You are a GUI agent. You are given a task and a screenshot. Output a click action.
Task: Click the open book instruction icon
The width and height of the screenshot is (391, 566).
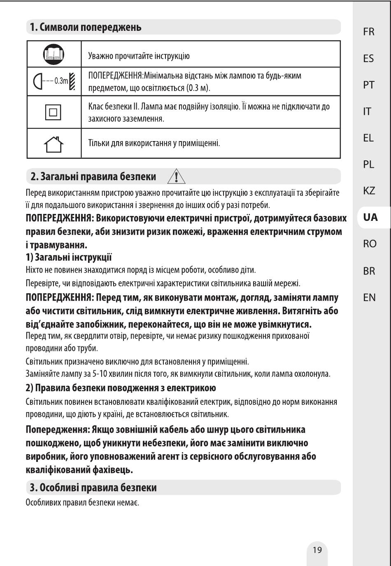(54, 54)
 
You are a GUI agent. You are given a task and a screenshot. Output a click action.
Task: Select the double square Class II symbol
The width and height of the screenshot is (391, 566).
(54, 112)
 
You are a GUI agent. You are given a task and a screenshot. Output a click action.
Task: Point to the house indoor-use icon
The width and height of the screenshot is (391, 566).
(54, 144)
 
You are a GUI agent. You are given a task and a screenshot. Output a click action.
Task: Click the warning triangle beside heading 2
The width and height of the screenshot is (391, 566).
(176, 176)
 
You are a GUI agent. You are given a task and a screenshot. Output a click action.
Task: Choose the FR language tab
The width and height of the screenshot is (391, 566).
(369, 32)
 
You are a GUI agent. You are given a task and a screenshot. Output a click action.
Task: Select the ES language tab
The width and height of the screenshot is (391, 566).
(369, 58)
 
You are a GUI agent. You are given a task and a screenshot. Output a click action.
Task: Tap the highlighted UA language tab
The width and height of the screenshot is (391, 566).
(370, 217)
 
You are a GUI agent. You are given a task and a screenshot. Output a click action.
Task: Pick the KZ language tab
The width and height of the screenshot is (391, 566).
(369, 191)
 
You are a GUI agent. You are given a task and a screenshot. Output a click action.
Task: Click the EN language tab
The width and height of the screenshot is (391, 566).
(369, 297)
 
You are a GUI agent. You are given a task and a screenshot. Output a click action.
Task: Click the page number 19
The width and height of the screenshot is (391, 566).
(317, 550)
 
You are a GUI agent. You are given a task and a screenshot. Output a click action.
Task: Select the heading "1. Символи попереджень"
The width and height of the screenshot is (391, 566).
(84, 28)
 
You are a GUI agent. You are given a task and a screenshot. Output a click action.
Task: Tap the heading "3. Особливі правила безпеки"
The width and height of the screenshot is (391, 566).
(93, 488)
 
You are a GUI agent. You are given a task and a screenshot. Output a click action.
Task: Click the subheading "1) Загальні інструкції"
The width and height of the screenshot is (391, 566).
(69, 257)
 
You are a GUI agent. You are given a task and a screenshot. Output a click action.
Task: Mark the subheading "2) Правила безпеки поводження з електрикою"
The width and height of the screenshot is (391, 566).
(121, 388)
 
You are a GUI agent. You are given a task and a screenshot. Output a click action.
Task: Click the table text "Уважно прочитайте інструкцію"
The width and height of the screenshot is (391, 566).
(139, 56)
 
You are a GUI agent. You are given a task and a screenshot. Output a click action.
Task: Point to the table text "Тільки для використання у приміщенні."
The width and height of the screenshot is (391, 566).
(154, 144)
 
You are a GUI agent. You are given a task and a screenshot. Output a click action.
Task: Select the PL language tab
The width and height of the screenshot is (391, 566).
(369, 165)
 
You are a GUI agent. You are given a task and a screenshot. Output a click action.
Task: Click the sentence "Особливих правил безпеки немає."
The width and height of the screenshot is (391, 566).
(82, 503)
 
